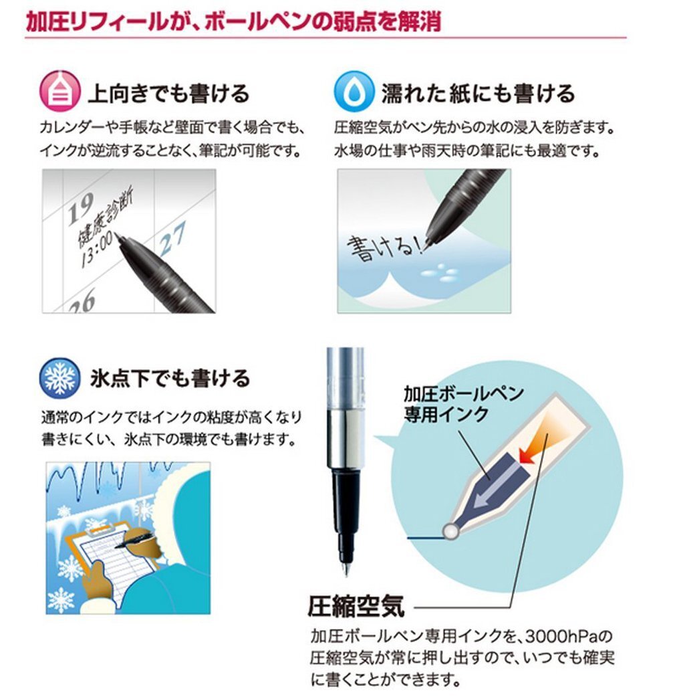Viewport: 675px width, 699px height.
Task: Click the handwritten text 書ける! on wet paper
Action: [x=384, y=248]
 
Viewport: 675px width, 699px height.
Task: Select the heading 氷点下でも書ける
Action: [x=170, y=379]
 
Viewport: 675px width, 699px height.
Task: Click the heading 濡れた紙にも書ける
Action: [x=477, y=93]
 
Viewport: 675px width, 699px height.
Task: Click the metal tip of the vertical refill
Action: [x=345, y=568]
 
